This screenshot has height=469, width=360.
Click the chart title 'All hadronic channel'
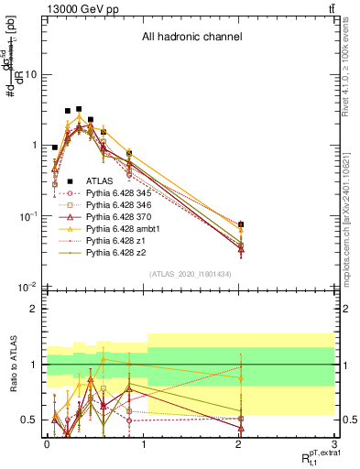tap(191, 38)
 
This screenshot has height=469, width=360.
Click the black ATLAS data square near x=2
tap(241, 224)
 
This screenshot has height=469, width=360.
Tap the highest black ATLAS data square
tap(79, 109)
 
